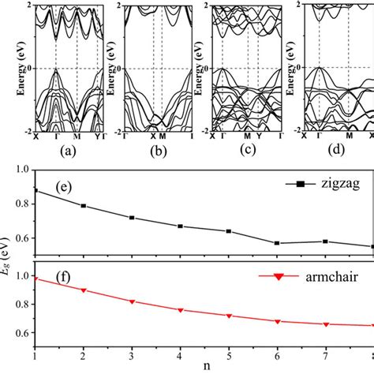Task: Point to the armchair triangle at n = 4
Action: coord(181,310)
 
